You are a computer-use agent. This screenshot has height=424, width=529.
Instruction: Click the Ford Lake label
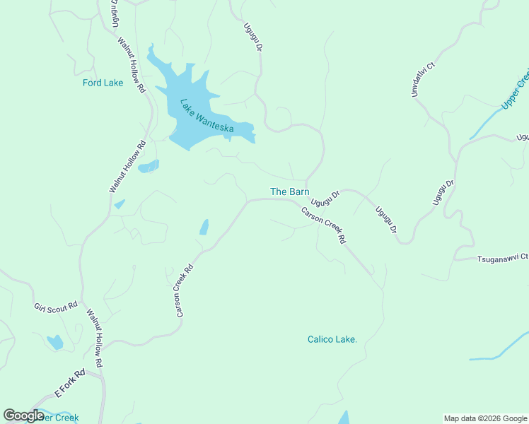[x=103, y=83]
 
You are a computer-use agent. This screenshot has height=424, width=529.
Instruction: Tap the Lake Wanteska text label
[x=207, y=116]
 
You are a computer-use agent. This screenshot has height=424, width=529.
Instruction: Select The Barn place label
[x=289, y=192]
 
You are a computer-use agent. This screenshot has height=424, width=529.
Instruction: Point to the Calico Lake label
[x=332, y=339]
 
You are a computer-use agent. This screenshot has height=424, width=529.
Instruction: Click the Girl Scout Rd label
[x=55, y=307]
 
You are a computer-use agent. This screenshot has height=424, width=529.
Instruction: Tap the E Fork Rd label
[x=70, y=383]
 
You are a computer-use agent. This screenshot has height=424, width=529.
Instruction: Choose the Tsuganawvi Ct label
[x=501, y=258]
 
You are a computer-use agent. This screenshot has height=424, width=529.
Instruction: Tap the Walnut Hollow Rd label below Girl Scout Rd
[x=95, y=338]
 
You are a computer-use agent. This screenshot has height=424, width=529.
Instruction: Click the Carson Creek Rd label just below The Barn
[x=323, y=225]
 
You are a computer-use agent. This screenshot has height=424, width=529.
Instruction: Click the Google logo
[x=23, y=416]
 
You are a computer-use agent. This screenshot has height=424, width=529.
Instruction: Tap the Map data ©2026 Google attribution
[x=484, y=418]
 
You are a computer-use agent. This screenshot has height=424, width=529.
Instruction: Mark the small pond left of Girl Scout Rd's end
[x=54, y=343]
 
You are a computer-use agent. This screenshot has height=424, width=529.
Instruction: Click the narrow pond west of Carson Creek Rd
[x=204, y=227]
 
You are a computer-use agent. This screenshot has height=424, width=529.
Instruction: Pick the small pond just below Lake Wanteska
[x=149, y=167]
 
